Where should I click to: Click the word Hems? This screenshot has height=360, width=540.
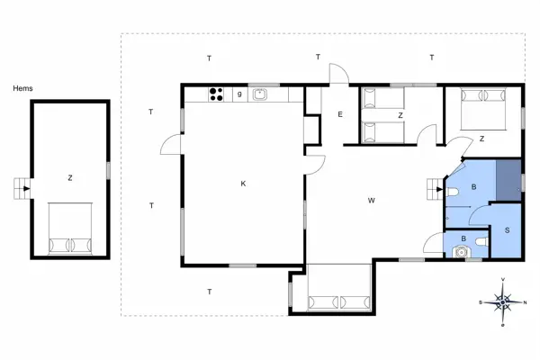point(22,88)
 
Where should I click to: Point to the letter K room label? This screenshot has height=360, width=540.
point(243,184)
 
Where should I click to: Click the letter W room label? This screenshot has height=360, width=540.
point(371,200)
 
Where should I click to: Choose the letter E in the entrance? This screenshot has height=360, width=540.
point(340,114)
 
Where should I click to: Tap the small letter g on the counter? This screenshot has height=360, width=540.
point(239,93)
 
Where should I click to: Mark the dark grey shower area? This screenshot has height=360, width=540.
point(508,177)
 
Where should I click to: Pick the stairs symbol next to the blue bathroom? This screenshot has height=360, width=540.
point(436,190)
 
